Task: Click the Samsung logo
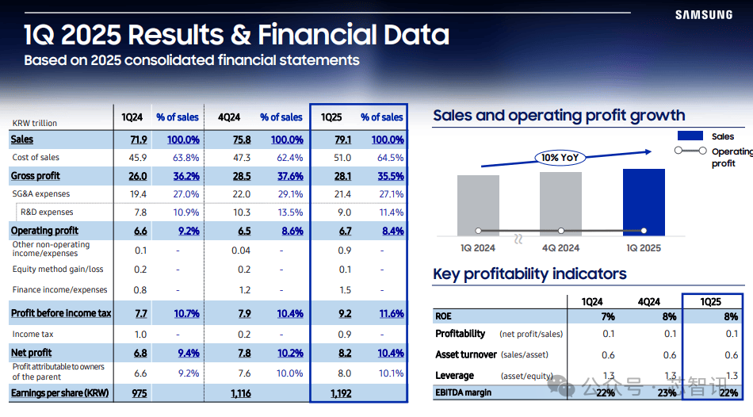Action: [704, 14]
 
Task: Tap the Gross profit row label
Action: [36, 176]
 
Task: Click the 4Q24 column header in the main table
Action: [229, 117]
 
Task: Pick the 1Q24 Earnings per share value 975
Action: [139, 393]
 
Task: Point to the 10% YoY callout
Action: [560, 158]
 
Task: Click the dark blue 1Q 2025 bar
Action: [644, 201]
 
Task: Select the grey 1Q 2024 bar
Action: [479, 205]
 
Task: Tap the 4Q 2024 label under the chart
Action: [560, 247]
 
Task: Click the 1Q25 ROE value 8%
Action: [731, 316]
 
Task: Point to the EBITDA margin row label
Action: [463, 392]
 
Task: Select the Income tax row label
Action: [32, 335]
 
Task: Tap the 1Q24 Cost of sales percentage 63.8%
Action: [185, 158]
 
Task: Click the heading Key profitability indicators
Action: [529, 274]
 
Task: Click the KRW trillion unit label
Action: [35, 123]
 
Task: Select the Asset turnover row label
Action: [466, 354]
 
